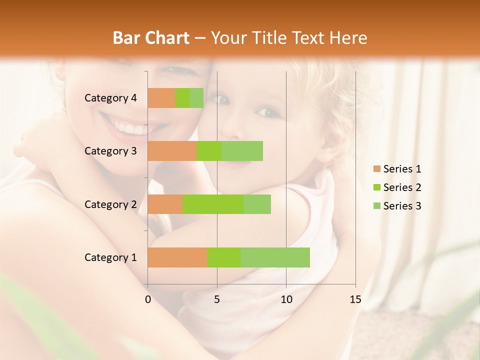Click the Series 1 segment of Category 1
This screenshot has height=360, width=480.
177,257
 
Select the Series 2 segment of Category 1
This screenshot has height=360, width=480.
224,257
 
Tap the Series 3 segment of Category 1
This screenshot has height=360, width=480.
275,257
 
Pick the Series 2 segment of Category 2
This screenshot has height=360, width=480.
213,204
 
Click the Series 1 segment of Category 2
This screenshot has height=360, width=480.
165,204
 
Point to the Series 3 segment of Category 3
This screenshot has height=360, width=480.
242,151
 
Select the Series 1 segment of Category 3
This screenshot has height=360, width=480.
172,151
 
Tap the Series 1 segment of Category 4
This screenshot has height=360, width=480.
161,98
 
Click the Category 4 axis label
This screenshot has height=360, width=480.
110,98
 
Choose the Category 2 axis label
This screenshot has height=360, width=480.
110,204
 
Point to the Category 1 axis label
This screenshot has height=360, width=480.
110,257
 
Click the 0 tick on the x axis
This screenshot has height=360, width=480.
148,299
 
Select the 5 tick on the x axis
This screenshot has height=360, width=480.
217,299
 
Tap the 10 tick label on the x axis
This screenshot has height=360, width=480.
286,299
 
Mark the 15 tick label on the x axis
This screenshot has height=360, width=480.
355,299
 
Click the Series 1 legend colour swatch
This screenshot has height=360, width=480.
376,169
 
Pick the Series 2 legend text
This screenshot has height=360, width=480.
402,187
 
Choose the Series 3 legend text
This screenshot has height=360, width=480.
402,206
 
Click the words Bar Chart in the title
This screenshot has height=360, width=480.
151,38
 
